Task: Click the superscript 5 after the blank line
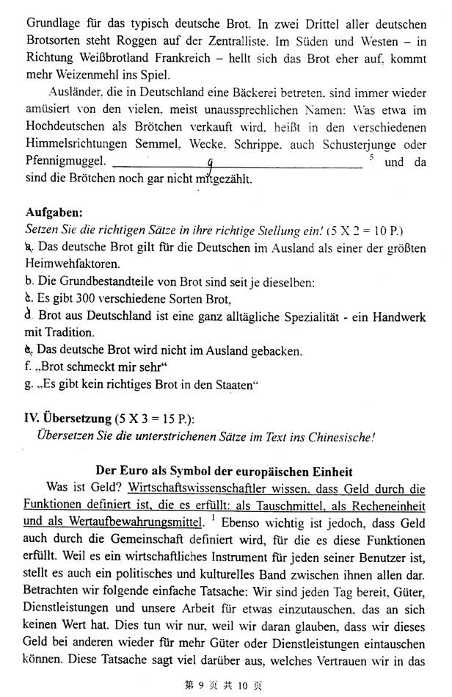tap(373, 158)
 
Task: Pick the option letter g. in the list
tap(29, 383)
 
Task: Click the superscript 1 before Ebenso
tap(210, 518)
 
